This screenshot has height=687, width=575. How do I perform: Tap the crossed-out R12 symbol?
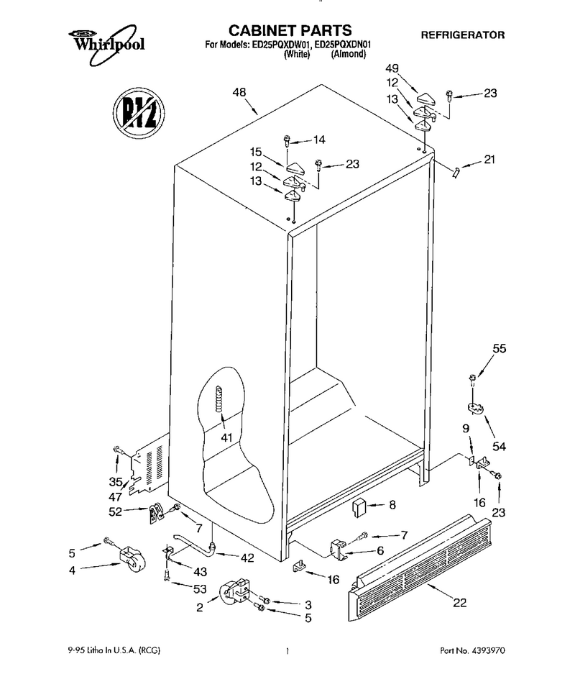[x=138, y=114]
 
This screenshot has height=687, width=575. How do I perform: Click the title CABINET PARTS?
[x=290, y=30]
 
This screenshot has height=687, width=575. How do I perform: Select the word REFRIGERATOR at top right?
[x=463, y=35]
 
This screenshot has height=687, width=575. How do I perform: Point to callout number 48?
[x=239, y=93]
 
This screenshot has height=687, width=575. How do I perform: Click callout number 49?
[x=392, y=68]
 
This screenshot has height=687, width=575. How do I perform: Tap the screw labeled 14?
[x=287, y=141]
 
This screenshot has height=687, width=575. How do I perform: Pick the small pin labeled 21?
[x=456, y=173]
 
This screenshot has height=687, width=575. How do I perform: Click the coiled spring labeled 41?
[x=218, y=399]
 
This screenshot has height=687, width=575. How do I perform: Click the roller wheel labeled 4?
[x=132, y=559]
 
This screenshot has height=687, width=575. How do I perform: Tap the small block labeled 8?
[x=359, y=507]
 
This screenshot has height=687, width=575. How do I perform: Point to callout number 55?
[x=499, y=349]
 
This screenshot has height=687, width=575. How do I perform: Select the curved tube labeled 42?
[x=194, y=545]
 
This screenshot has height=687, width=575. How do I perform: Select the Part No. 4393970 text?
[x=472, y=650]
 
